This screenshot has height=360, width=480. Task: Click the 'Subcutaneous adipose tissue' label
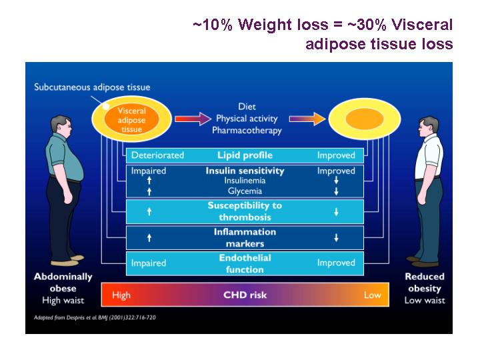(92, 87)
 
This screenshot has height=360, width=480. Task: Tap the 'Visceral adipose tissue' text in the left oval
(131, 120)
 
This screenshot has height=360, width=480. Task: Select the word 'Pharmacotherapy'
(247, 131)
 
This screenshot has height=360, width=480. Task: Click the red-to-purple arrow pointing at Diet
(193, 119)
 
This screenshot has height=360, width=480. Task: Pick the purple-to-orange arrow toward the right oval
(307, 119)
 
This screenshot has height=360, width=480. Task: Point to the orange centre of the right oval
(365, 119)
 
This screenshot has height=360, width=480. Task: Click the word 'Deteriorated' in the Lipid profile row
(157, 155)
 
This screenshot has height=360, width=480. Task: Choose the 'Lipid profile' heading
(245, 155)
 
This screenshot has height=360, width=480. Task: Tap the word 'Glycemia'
(245, 191)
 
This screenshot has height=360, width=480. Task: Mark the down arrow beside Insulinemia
(336, 180)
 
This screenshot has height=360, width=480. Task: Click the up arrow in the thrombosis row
(149, 211)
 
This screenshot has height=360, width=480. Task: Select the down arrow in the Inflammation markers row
(336, 237)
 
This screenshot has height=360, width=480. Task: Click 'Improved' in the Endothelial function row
(336, 263)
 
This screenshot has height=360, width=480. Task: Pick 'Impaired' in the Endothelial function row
(149, 263)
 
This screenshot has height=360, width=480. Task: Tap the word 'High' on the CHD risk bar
(121, 295)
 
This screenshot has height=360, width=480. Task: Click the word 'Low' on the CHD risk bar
(372, 295)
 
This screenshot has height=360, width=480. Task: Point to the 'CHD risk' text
(245, 295)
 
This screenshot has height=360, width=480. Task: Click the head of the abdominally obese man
(61, 125)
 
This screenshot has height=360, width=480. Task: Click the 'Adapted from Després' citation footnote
(95, 317)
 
